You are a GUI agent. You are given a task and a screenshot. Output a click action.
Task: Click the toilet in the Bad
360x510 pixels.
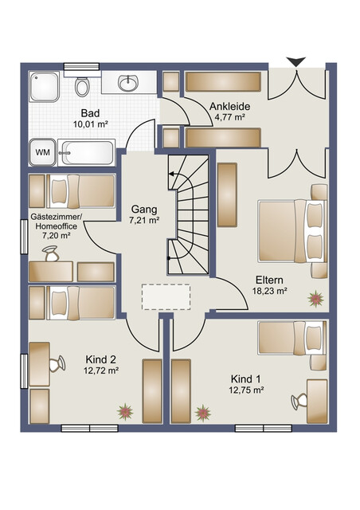(x=81, y=86)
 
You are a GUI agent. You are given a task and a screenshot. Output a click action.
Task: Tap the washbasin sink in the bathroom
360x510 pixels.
(x=128, y=83)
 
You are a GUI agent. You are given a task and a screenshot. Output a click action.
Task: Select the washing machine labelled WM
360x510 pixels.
(x=42, y=152)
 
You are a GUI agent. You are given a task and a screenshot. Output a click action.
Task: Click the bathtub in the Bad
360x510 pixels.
(x=87, y=152)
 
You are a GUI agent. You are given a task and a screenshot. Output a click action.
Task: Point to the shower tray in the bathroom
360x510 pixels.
(x=45, y=87)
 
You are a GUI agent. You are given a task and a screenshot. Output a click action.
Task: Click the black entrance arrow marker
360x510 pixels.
(x=296, y=62)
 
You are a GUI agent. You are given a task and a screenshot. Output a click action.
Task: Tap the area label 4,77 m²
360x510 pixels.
(x=229, y=117)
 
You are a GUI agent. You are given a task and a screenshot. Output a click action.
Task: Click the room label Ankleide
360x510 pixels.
(x=229, y=106)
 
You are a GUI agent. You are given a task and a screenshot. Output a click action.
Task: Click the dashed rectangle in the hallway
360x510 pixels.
(x=166, y=297)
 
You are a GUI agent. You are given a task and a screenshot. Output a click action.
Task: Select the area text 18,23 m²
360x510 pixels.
(x=269, y=291)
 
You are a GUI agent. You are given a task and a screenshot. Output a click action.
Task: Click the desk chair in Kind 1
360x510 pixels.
(x=299, y=402)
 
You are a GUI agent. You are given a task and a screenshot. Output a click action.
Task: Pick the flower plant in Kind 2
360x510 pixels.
(x=125, y=412)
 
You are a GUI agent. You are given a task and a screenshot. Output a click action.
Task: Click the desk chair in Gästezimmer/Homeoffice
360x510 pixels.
(x=50, y=253)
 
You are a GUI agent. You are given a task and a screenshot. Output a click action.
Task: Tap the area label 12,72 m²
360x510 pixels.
(x=101, y=370)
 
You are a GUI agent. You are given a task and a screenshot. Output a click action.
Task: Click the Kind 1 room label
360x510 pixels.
(x=245, y=379)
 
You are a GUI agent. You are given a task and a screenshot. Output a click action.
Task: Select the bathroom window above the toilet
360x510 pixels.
(x=81, y=67)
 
